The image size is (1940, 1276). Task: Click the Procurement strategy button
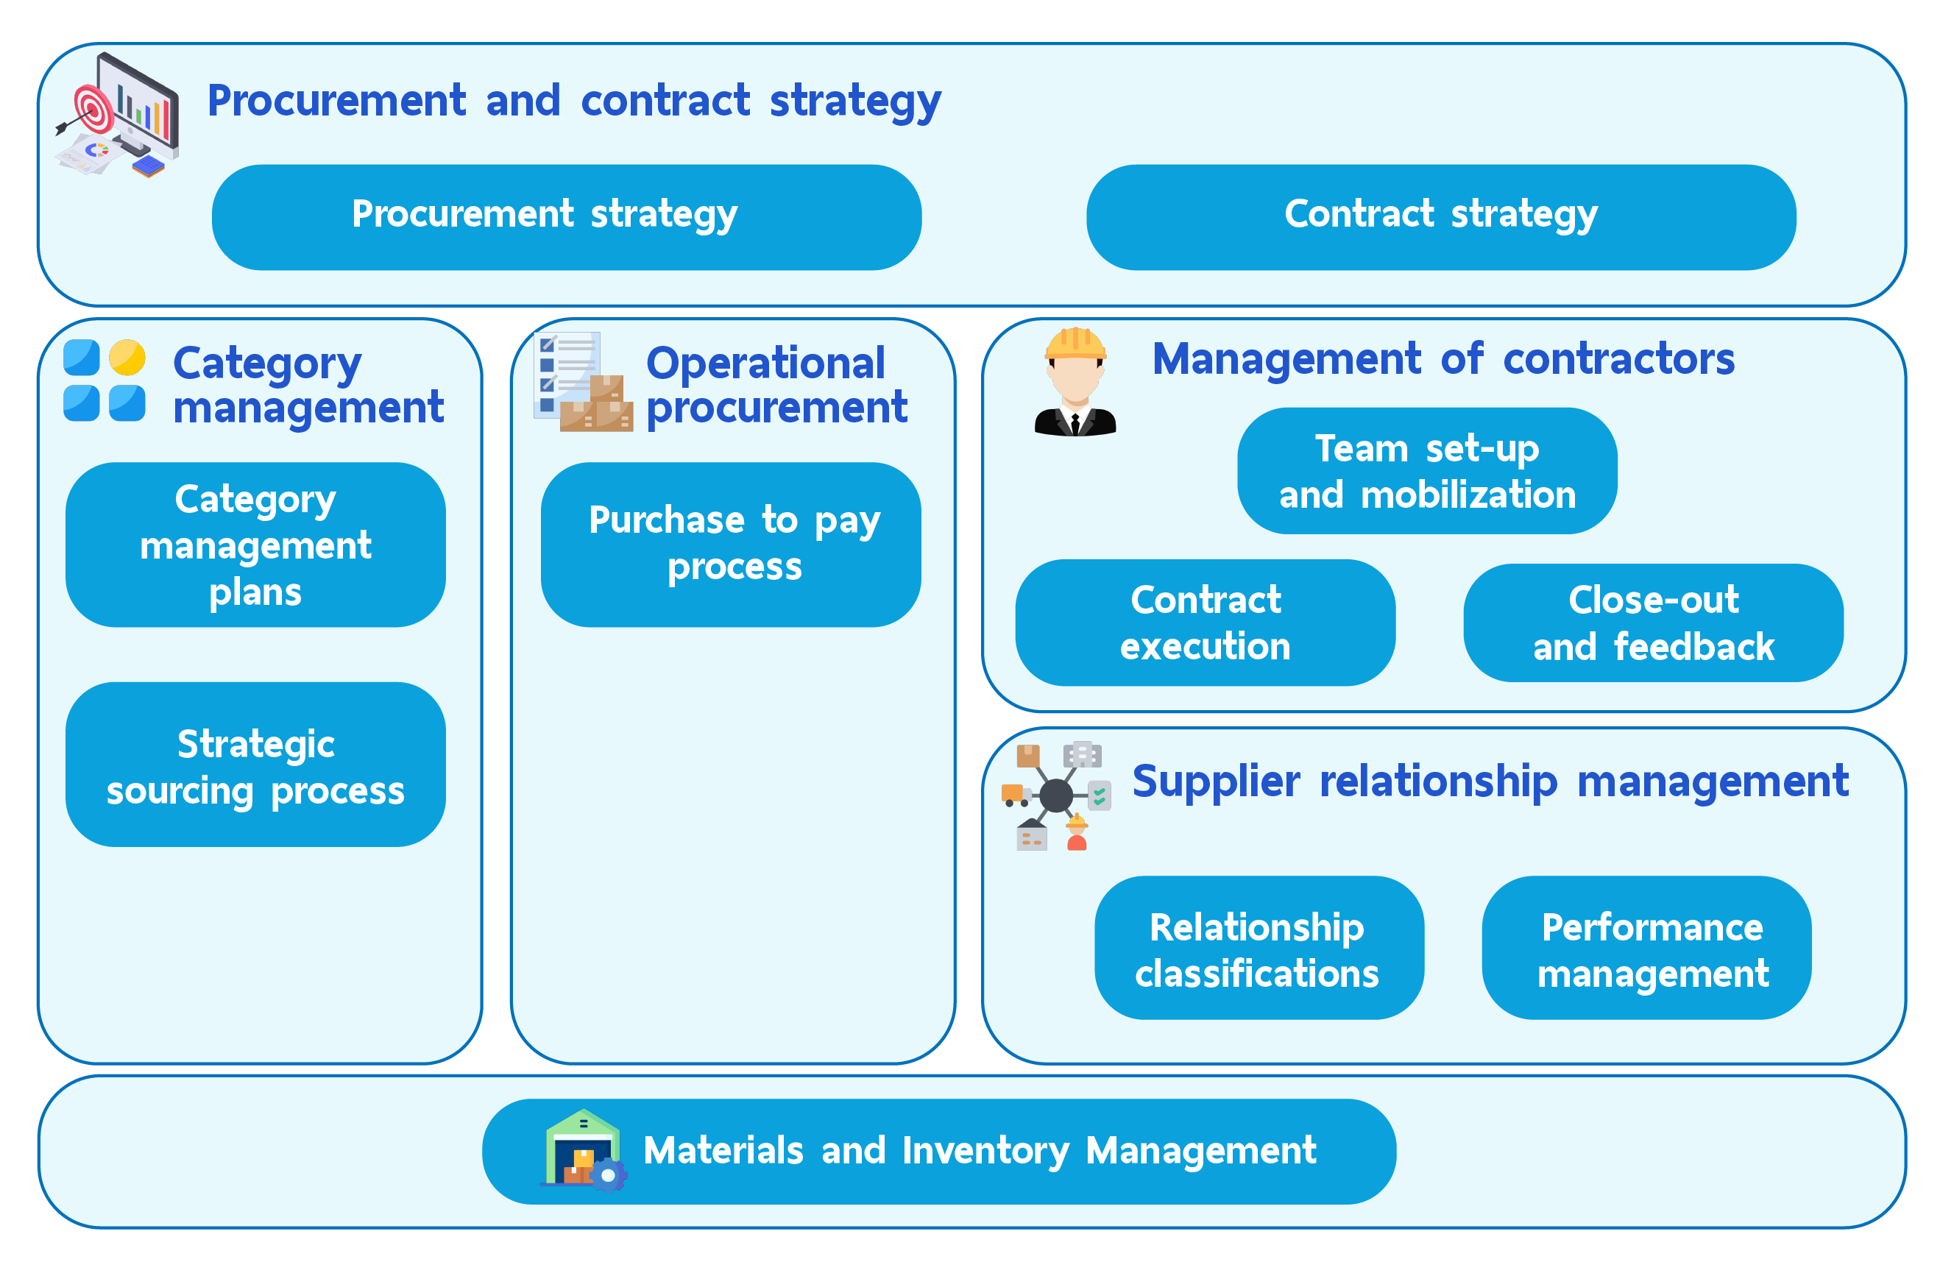[x=567, y=218]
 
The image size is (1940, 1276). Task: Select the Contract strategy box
[x=1441, y=218]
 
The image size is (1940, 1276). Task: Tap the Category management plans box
[x=255, y=545]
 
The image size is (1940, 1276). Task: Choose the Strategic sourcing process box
[x=255, y=765]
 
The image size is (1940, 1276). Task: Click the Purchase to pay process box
[x=731, y=545]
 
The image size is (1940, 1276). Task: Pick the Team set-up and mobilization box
[x=1427, y=471]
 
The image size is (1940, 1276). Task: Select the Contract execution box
[x=1206, y=623]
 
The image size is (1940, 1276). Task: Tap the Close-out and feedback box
[x=1654, y=623]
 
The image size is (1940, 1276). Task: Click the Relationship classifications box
[x=1259, y=948]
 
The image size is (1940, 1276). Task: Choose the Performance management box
[x=1646, y=948]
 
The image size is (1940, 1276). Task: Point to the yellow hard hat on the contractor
[x=1075, y=344]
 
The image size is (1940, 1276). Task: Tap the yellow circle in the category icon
[x=127, y=358]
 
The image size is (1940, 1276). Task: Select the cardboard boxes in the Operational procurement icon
[x=597, y=404]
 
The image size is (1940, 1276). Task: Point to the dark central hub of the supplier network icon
[x=1056, y=795]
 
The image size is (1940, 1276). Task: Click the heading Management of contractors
[x=1443, y=358]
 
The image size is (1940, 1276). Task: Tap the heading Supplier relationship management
[x=1491, y=781]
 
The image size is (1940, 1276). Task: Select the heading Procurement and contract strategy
[x=575, y=101]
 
